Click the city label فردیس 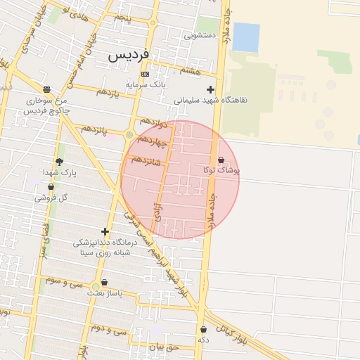(x=128, y=54)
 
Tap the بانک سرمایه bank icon (x=145, y=74)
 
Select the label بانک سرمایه (x=145, y=85)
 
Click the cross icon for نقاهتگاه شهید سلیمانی (x=210, y=89)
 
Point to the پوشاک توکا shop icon (x=221, y=160)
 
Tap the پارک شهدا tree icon (x=59, y=162)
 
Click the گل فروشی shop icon (x=51, y=187)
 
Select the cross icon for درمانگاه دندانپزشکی (x=105, y=231)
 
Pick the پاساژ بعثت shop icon (x=104, y=283)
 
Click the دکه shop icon (x=203, y=329)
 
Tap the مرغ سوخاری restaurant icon (x=46, y=89)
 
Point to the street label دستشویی (x=200, y=34)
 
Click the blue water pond (x=245, y=37)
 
